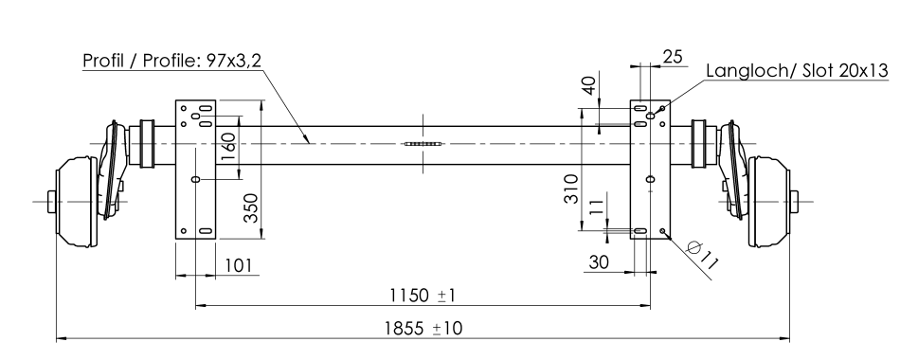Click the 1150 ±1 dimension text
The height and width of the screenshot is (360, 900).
coord(423,296)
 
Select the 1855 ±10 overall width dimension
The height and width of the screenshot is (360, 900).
coord(423,329)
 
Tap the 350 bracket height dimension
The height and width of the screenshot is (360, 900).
coord(251,207)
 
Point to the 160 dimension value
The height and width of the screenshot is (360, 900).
coord(228,147)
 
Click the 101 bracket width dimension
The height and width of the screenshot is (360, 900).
coord(238,265)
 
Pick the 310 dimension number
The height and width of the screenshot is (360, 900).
coord(571,189)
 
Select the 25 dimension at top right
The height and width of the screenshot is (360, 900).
coord(673,56)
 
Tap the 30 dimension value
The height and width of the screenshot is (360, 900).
coord(599,262)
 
